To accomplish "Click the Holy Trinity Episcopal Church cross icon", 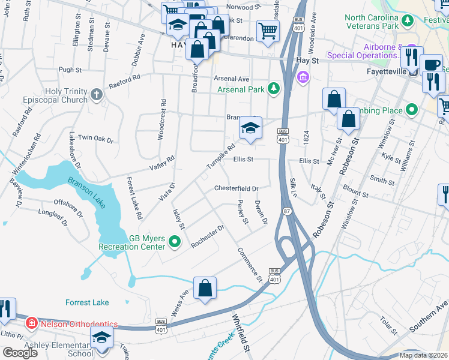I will pyautogui.click(x=97, y=94).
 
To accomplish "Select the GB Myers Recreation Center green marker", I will pyautogui.click(x=175, y=242).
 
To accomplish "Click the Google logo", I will pyautogui.click(x=20, y=353).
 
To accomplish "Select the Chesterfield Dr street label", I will pyautogui.click(x=236, y=188).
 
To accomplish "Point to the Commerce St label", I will pyautogui.click(x=249, y=264).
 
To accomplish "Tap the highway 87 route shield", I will pyautogui.click(x=287, y=211).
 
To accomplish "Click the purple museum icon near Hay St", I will pyautogui.click(x=303, y=77).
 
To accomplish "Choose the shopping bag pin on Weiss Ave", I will pyautogui.click(x=205, y=287).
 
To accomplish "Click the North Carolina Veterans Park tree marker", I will pyautogui.click(x=408, y=22).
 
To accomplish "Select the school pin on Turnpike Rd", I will pyautogui.click(x=251, y=127).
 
